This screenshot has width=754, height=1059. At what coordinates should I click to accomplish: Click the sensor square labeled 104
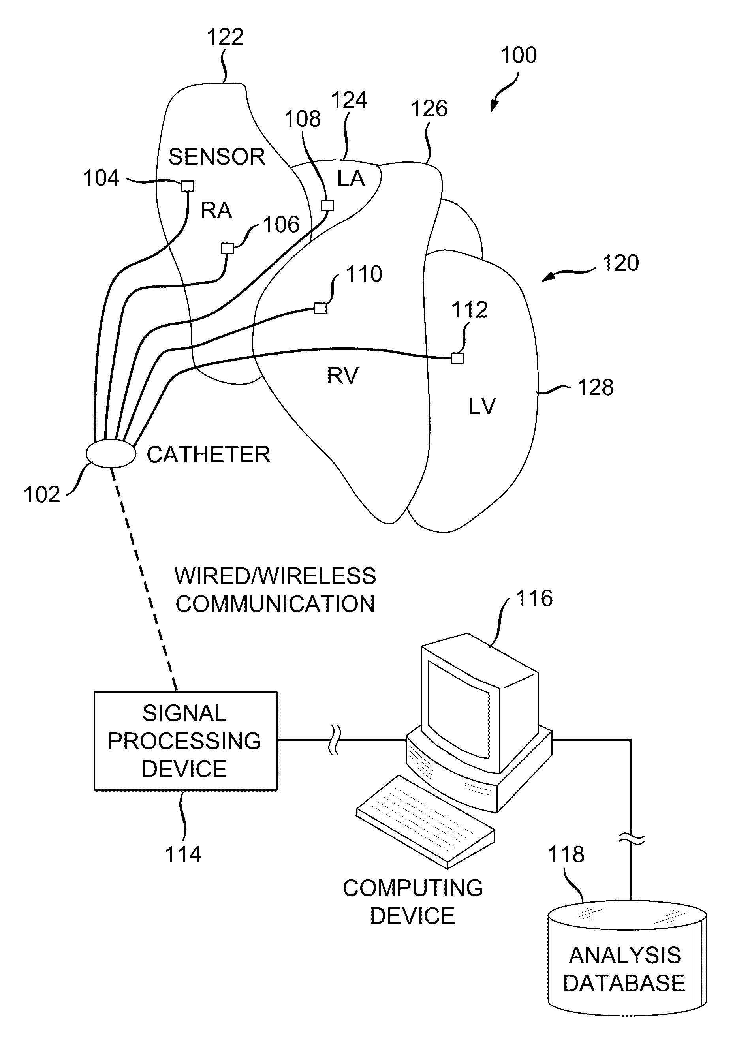[x=187, y=186]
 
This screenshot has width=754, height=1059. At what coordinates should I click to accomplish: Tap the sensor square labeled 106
[x=227, y=248]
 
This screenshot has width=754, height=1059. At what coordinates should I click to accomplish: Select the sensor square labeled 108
[x=327, y=205]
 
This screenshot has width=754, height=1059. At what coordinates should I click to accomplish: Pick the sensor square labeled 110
[x=320, y=308]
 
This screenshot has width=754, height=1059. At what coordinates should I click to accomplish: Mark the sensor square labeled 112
[x=457, y=358]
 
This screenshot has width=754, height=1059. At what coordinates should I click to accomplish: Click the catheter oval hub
[x=111, y=453]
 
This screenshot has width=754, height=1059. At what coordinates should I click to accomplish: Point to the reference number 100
[x=519, y=55]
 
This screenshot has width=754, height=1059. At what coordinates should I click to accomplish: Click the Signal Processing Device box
[x=186, y=741]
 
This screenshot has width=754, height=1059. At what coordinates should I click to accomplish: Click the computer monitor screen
[x=458, y=710]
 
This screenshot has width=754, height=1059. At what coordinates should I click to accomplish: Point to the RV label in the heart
[x=343, y=376]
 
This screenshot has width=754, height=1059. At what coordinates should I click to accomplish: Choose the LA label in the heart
[x=351, y=178]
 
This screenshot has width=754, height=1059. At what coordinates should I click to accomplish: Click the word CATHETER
[x=209, y=455]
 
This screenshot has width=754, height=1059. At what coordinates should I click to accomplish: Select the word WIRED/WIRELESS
[x=275, y=576]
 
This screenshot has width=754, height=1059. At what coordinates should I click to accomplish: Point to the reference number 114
[x=183, y=854]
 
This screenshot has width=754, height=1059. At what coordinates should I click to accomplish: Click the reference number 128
[x=595, y=387]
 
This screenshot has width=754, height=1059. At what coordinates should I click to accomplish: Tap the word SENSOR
[x=217, y=157]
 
